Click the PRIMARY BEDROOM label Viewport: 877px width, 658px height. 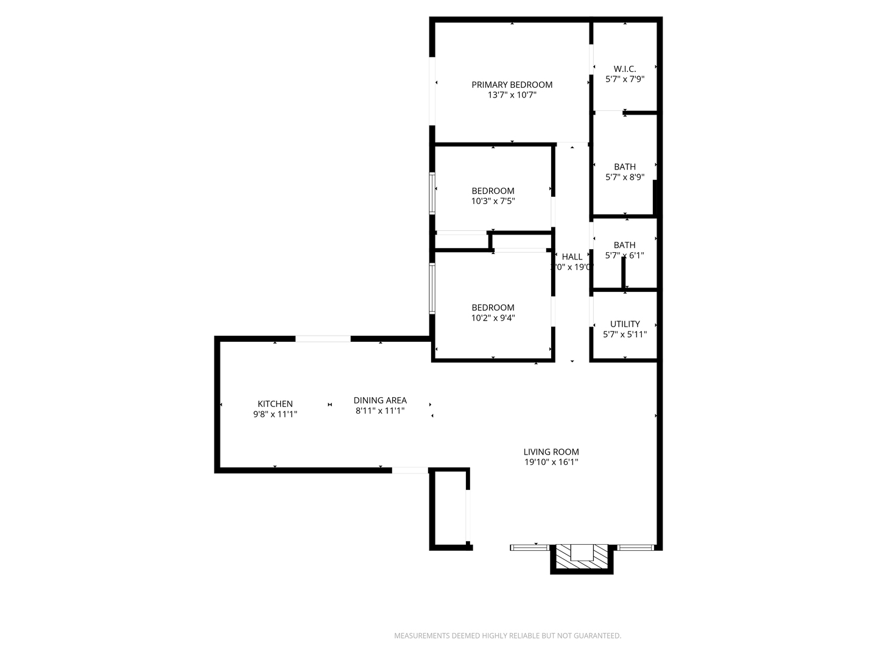tap(512, 85)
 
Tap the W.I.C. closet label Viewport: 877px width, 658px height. tap(625, 69)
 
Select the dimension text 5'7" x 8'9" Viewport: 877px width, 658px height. tap(625, 177)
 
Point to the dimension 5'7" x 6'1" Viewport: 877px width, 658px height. tap(624, 256)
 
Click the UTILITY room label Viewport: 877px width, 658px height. tap(625, 324)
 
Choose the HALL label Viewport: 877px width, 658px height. tap(572, 256)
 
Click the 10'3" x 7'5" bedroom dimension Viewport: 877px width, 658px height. tap(493, 201)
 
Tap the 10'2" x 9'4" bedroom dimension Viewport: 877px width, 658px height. tap(493, 318)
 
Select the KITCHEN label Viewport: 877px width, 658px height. tap(275, 404)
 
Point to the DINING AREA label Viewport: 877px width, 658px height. tap(380, 400)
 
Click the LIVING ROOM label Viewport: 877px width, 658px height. tap(551, 452)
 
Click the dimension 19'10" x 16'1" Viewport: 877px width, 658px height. tap(551, 462)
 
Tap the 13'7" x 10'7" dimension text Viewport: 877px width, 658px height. tap(512, 95)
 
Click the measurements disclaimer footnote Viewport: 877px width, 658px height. tap(507, 636)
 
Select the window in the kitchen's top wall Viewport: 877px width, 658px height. tap(323, 339)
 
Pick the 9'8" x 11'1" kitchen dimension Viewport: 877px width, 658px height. tap(275, 414)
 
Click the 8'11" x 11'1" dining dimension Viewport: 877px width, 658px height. tap(380, 411)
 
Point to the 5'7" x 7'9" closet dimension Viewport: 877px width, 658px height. tap(625, 79)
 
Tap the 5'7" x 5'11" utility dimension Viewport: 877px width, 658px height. tap(625, 334)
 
